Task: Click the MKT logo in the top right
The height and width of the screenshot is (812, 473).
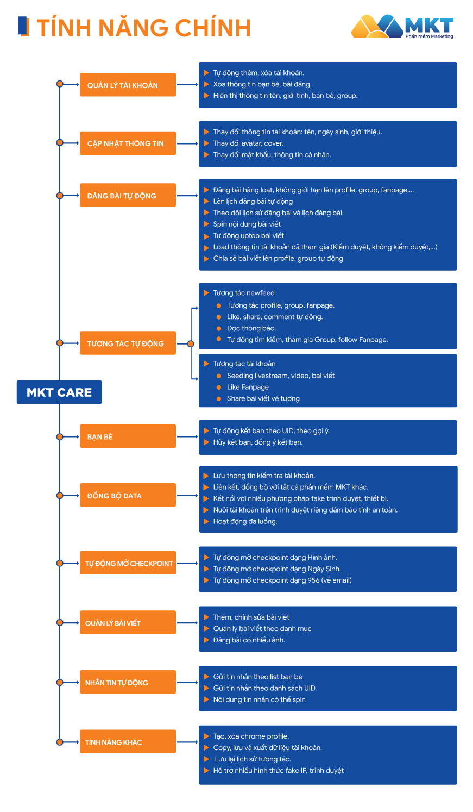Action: tap(402, 27)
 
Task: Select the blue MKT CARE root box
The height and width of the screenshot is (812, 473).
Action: tap(59, 392)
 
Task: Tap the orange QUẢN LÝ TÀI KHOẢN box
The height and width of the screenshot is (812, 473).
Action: tap(128, 85)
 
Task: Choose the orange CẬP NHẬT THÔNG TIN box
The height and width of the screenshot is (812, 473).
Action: tap(128, 143)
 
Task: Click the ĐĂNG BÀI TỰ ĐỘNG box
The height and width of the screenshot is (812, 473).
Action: tap(128, 196)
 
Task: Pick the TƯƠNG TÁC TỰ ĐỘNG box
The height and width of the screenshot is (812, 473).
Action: tap(128, 343)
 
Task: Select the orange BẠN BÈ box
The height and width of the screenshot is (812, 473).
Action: tap(128, 436)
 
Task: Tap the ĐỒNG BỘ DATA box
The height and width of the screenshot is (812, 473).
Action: tap(128, 496)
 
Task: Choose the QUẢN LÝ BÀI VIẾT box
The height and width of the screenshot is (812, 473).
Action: tap(128, 623)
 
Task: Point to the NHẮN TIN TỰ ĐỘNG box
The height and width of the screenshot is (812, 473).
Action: tap(128, 683)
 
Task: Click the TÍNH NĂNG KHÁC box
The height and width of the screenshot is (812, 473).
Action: tap(128, 742)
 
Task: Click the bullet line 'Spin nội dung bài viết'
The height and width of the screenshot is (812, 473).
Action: tap(247, 224)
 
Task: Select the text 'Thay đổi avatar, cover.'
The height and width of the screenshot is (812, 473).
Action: tap(248, 143)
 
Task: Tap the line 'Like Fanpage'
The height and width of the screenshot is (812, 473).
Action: tap(248, 387)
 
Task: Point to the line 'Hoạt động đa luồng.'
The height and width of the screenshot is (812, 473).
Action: tap(245, 521)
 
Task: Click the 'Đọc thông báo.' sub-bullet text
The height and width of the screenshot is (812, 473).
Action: tap(251, 328)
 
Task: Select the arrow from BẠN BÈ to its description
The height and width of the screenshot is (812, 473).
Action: tap(187, 436)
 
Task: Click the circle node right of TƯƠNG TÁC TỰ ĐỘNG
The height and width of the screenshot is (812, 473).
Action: tap(191, 343)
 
